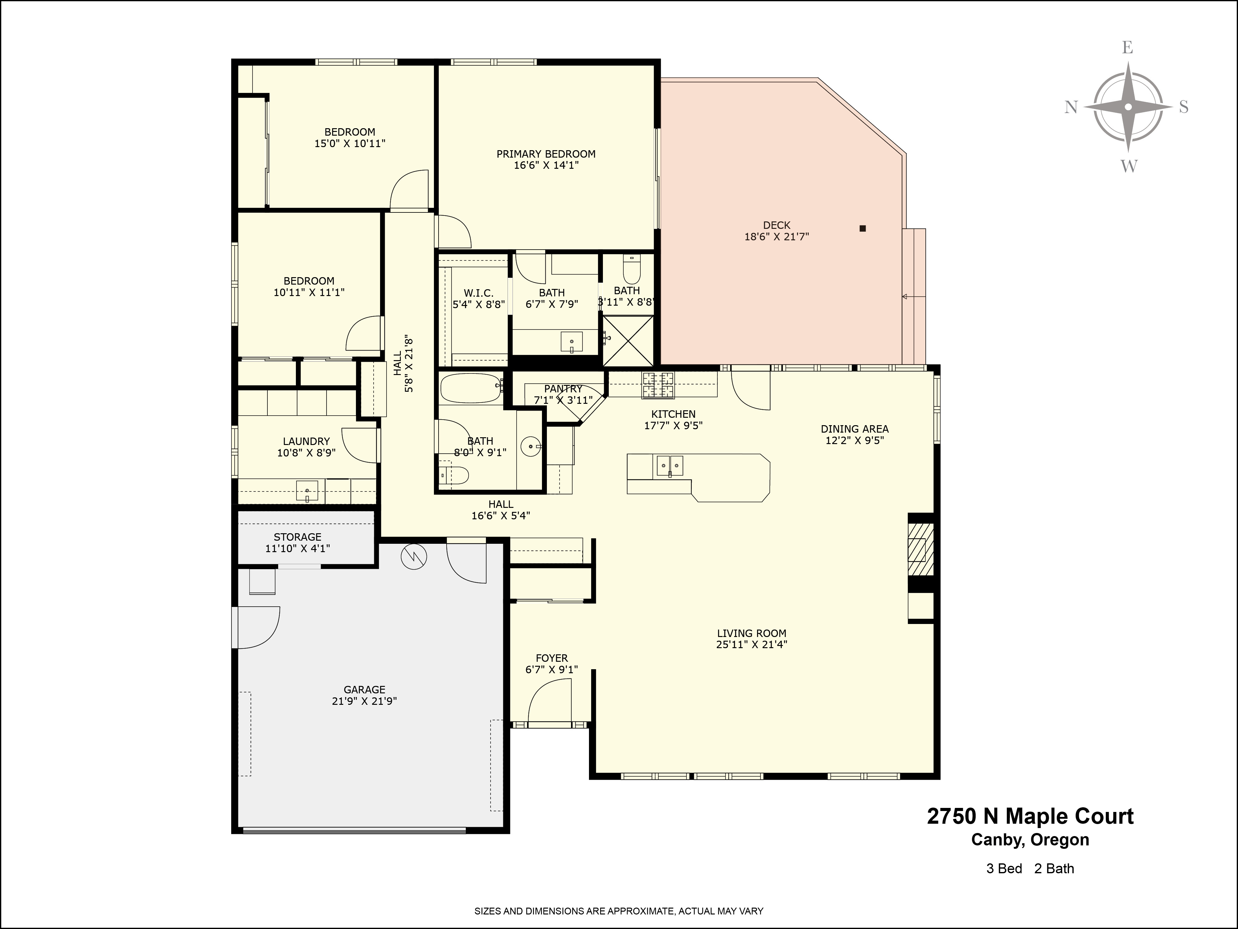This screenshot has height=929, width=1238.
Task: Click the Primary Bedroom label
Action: click(546, 154)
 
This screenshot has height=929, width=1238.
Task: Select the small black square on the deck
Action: click(863, 229)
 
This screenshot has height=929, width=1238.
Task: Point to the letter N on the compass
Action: click(1071, 107)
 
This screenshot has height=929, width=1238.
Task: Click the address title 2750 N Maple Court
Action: click(1030, 817)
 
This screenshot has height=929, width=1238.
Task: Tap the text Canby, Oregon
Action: click(1030, 840)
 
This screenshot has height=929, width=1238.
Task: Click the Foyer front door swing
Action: click(548, 703)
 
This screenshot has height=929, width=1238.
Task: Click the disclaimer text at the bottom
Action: click(618, 911)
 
